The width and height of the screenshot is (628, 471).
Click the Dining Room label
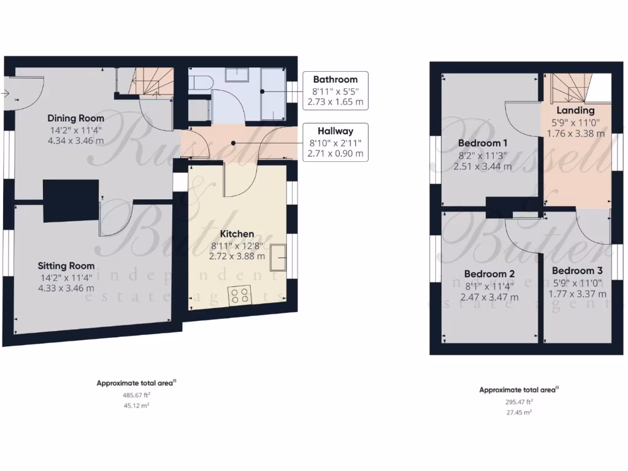tap(76, 118)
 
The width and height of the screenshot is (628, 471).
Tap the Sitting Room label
tap(66, 266)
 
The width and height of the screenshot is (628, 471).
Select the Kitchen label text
tap(237, 234)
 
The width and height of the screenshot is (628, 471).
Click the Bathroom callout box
tap(335, 90)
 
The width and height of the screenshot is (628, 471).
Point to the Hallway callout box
tap(335, 142)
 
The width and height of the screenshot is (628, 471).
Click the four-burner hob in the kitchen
tap(240, 296)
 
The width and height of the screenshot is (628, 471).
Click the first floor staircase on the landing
tap(569, 88)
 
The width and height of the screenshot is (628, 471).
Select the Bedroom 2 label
tap(489, 274)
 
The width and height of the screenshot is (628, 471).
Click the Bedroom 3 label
tap(577, 271)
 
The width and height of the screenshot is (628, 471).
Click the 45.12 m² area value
tap(137, 405)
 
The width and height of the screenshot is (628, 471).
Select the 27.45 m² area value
tap(519, 413)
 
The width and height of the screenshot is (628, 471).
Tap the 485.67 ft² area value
tap(137, 395)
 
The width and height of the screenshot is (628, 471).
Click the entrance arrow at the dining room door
tap(5, 93)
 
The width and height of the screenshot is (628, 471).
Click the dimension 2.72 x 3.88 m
tap(237, 256)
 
